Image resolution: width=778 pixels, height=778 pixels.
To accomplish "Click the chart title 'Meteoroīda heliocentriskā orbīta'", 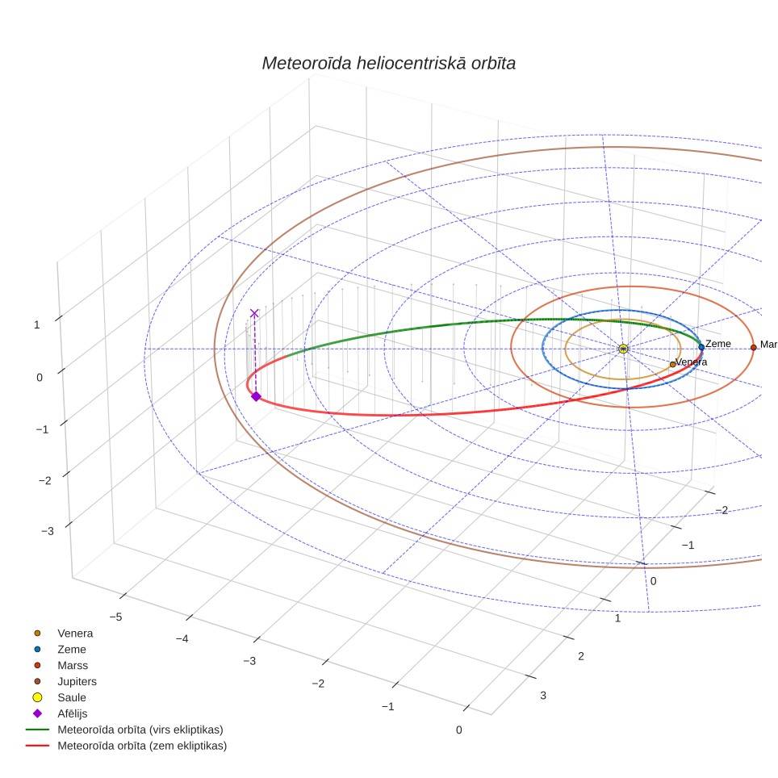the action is [388, 63].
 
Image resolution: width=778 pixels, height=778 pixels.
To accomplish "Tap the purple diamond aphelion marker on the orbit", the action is [256, 396].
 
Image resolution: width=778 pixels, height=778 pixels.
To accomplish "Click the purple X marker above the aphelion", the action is [254, 313].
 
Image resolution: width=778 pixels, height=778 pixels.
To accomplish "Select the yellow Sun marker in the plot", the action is [623, 349].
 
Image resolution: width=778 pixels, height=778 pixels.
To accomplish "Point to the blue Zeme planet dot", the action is [701, 347].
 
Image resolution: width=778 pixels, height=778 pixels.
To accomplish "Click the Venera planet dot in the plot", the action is [672, 364].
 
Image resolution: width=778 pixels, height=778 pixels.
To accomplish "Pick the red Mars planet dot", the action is [754, 347].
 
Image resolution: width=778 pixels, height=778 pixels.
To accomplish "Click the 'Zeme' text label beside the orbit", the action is [718, 343].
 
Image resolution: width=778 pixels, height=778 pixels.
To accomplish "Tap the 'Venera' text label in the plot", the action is [691, 362].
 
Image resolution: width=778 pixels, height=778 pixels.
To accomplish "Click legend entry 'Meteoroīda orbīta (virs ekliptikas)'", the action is [124, 730].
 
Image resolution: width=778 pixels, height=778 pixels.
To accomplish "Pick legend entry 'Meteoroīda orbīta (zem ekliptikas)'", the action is [126, 746].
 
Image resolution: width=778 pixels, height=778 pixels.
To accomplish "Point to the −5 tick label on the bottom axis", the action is [115, 617].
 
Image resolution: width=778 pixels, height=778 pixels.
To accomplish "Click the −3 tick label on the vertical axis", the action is [48, 531].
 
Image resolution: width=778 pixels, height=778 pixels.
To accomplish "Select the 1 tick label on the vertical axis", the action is [36, 324].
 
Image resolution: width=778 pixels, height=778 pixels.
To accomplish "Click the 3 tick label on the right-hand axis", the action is [543, 695].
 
